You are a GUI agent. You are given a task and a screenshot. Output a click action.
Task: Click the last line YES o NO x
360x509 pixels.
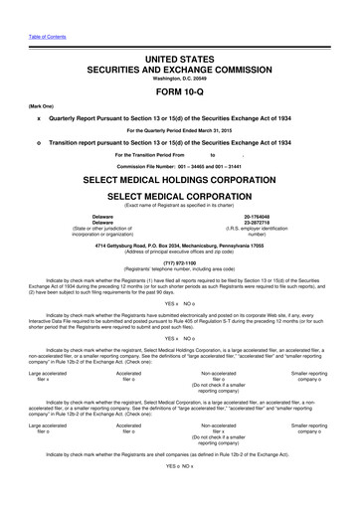point(179,493)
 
